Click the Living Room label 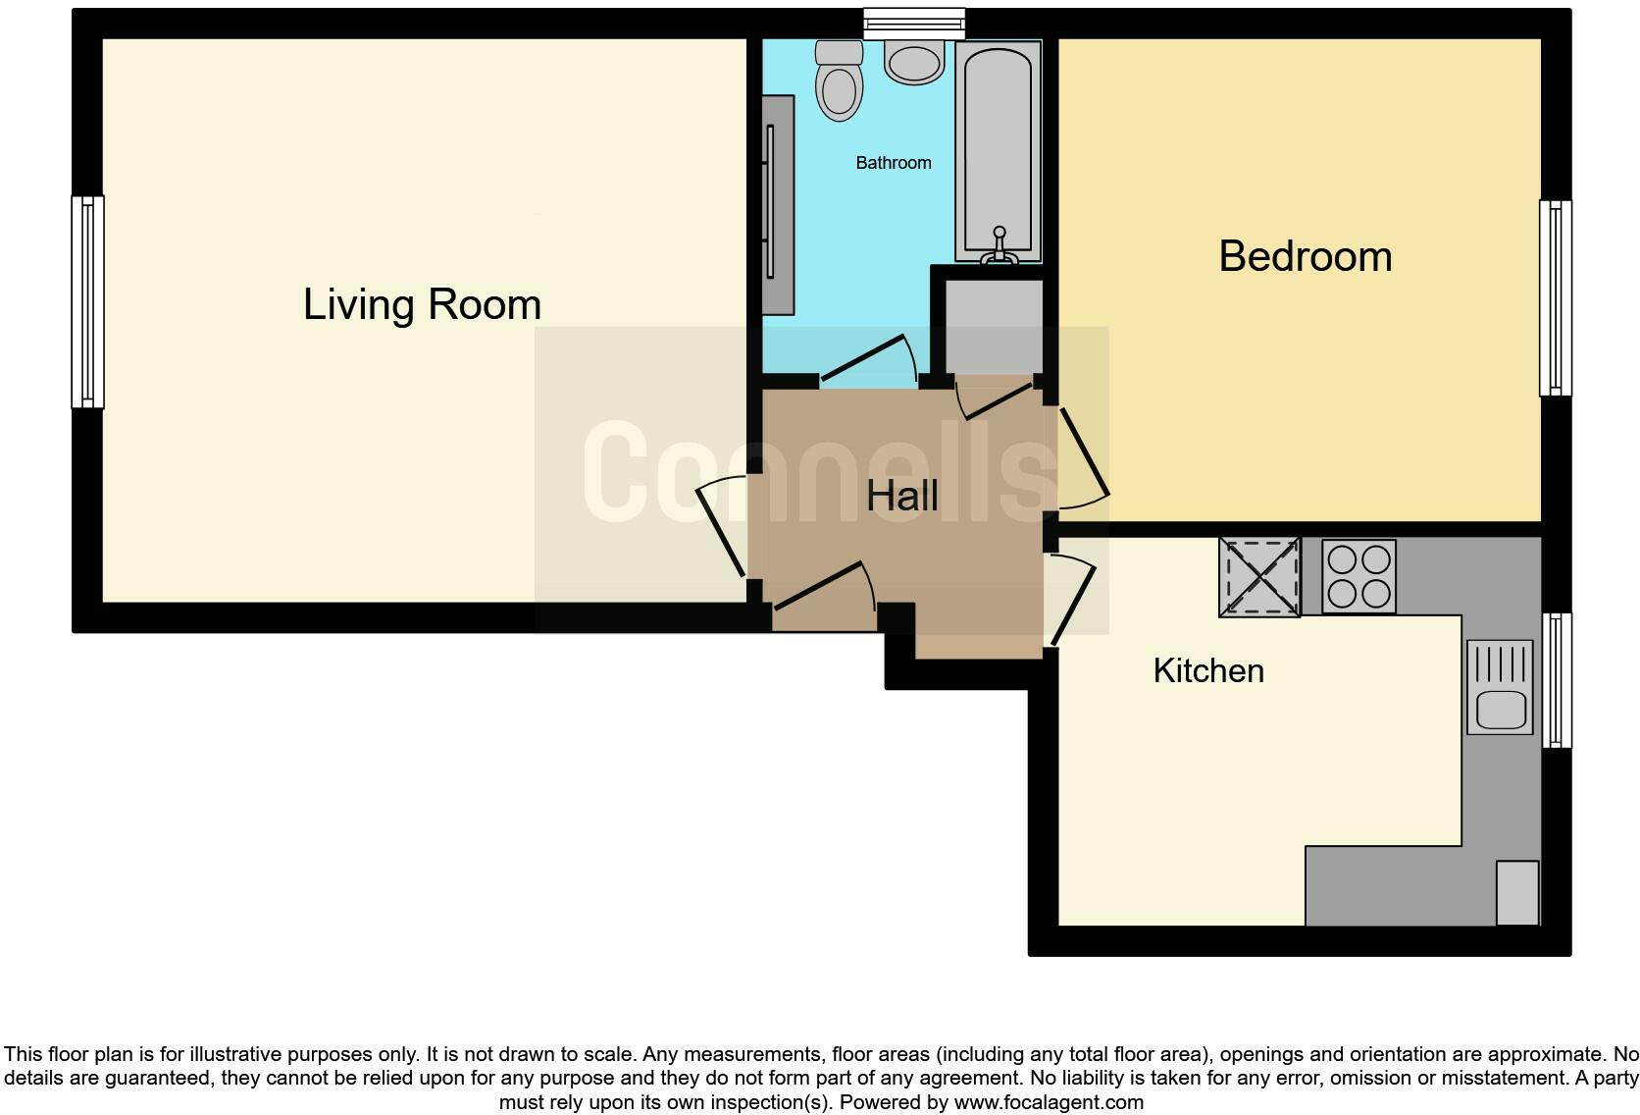pos(422,304)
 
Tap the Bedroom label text pos(1305,257)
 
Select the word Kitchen pos(1208,671)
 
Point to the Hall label pos(901,497)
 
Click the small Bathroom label pos(893,163)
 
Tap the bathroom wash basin pos(914,62)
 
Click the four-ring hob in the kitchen pos(1358,576)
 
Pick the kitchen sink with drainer pos(1500,688)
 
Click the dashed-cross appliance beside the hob pos(1259,577)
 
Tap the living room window pos(88,301)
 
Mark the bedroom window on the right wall pos(1555,298)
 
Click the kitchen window pos(1557,680)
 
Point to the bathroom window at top pos(914,22)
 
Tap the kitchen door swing pos(1074,601)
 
